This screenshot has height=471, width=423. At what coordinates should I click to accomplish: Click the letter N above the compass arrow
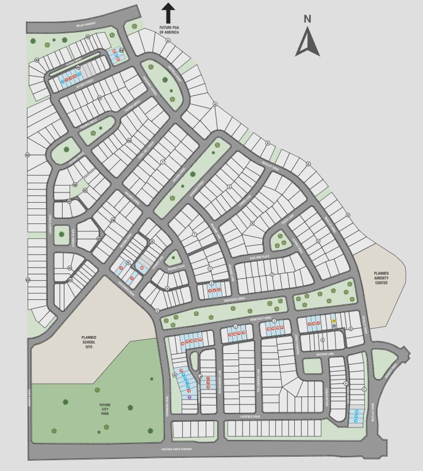click(307, 19)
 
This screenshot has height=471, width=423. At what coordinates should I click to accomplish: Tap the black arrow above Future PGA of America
click(168, 13)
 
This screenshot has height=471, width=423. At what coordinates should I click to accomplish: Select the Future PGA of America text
click(170, 30)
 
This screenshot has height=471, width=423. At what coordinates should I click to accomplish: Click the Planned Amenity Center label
click(381, 277)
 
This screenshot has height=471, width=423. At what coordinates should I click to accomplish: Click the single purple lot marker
click(189, 397)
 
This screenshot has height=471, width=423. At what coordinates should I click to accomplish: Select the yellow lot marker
click(333, 322)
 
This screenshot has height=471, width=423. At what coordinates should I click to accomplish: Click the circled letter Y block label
click(163, 163)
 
